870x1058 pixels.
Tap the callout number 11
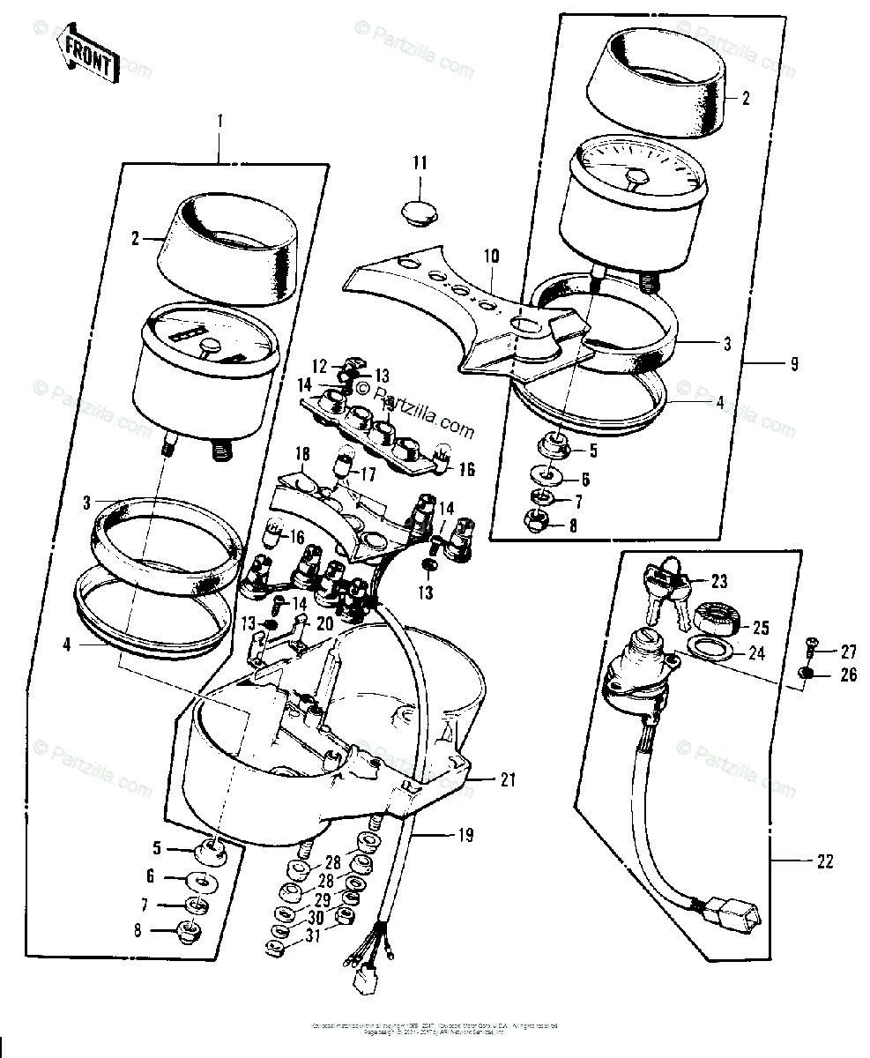click(420, 162)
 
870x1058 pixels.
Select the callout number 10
click(491, 257)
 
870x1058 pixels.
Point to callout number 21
click(507, 779)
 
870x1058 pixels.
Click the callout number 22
click(825, 861)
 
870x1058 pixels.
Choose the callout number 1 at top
click(220, 119)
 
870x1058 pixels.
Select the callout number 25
click(761, 628)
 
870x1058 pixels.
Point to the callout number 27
click(848, 652)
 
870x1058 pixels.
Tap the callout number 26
click(848, 676)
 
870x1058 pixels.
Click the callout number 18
click(302, 454)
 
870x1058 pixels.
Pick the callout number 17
click(367, 473)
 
